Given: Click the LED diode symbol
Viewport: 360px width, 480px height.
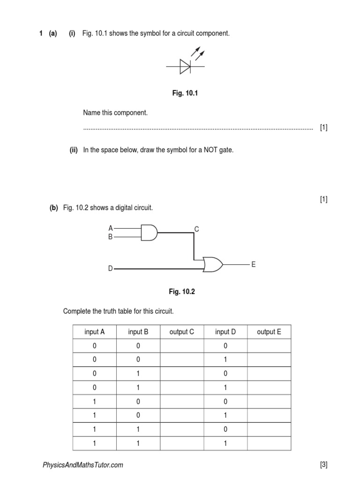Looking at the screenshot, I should (185, 67).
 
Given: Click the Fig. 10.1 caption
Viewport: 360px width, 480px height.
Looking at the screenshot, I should (185, 94).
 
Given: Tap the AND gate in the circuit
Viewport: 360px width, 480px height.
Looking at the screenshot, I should (150, 232).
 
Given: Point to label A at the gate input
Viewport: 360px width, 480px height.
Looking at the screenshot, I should (111, 228).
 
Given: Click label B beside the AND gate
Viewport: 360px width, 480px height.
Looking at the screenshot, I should (111, 237).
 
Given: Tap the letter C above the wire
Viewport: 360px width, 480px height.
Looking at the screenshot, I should (197, 229).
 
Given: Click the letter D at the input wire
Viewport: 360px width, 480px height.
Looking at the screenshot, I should (111, 269).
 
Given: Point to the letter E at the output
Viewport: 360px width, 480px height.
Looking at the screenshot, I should (253, 265).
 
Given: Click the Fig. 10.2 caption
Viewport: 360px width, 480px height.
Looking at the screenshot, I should (182, 292).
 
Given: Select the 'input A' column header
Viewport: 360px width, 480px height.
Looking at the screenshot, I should (94, 332).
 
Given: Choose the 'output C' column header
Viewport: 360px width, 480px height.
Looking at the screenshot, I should (181, 332).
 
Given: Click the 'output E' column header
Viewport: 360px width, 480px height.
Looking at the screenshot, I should (269, 332).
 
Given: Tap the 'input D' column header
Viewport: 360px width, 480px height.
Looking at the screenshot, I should (225, 332).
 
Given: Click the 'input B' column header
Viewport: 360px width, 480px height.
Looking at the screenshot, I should (138, 332).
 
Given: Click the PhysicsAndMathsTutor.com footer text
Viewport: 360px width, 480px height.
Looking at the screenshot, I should (83, 465).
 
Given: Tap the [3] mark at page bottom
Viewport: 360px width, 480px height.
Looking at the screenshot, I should (323, 465).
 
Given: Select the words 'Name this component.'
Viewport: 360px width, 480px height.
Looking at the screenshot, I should (115, 113).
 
